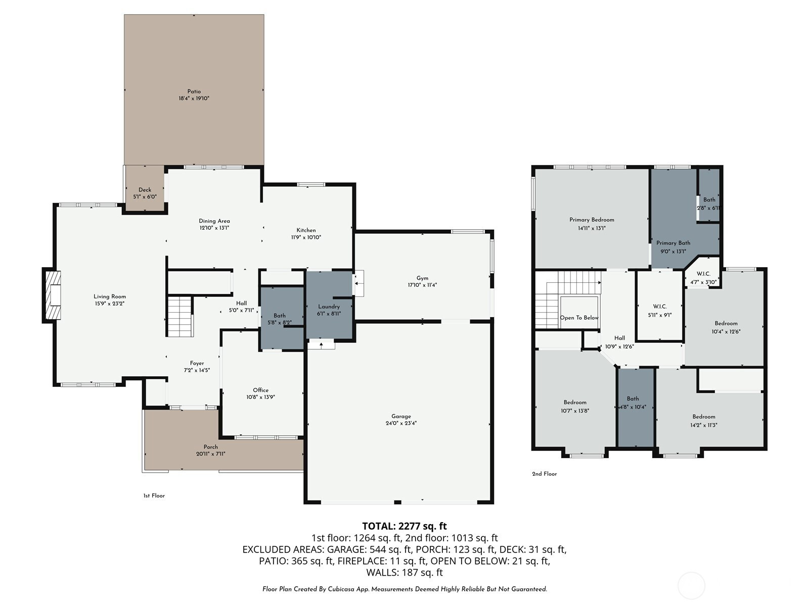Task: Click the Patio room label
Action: click(194, 91)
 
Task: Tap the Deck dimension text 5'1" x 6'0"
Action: click(145, 197)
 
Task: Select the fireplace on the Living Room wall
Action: click(52, 295)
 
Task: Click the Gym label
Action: click(422, 278)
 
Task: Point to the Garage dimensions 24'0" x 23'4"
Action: click(401, 423)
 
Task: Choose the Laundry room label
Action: click(329, 307)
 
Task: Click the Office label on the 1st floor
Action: click(260, 390)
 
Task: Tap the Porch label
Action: click(211, 447)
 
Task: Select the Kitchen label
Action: click(306, 230)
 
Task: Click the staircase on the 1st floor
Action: click(181, 317)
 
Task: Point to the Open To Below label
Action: click(579, 318)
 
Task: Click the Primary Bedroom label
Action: click(592, 220)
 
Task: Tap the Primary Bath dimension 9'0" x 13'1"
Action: click(673, 251)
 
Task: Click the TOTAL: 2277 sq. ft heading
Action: click(404, 526)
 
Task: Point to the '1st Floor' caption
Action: click(154, 495)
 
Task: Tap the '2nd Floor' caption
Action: click(545, 474)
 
